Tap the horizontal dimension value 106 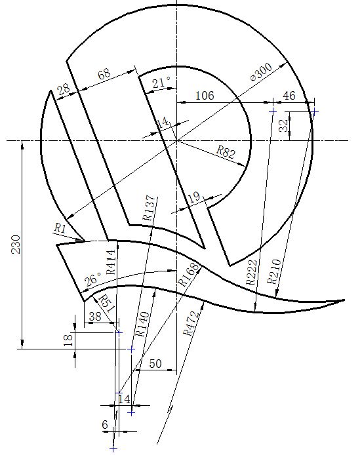[x=205, y=96]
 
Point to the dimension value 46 [x=289, y=96]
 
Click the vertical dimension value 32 [x=283, y=126]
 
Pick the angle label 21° [x=161, y=83]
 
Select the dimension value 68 [x=104, y=75]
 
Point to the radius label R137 [x=148, y=208]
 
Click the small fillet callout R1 [x=59, y=228]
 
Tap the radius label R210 [x=273, y=271]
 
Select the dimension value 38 [x=94, y=316]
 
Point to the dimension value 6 [x=105, y=425]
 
